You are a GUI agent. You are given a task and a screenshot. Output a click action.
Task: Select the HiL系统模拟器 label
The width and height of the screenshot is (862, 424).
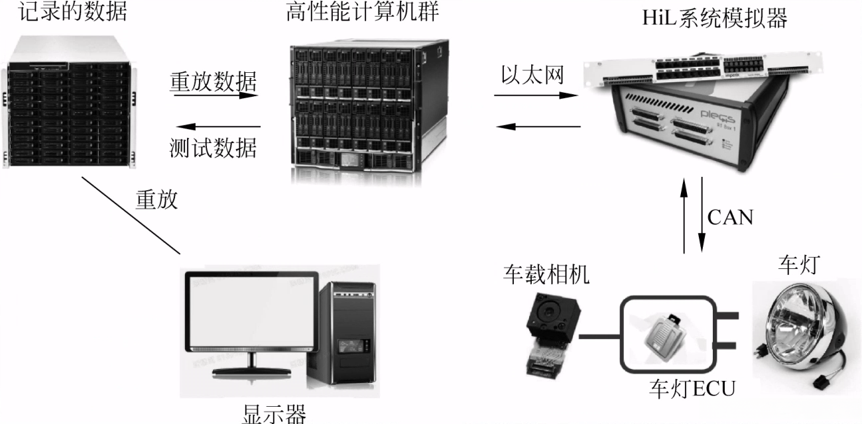point(715,19)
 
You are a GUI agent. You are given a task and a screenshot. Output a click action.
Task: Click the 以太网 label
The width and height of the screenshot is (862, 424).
point(532,76)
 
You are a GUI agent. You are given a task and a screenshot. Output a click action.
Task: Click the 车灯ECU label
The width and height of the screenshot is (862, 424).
point(692,388)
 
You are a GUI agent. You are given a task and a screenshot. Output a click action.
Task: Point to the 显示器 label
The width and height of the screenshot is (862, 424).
point(273,415)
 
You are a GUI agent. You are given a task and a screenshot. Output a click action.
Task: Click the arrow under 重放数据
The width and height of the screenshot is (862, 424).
point(216,95)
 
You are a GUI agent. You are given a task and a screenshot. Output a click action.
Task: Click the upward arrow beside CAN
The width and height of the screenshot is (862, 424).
point(684,217)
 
